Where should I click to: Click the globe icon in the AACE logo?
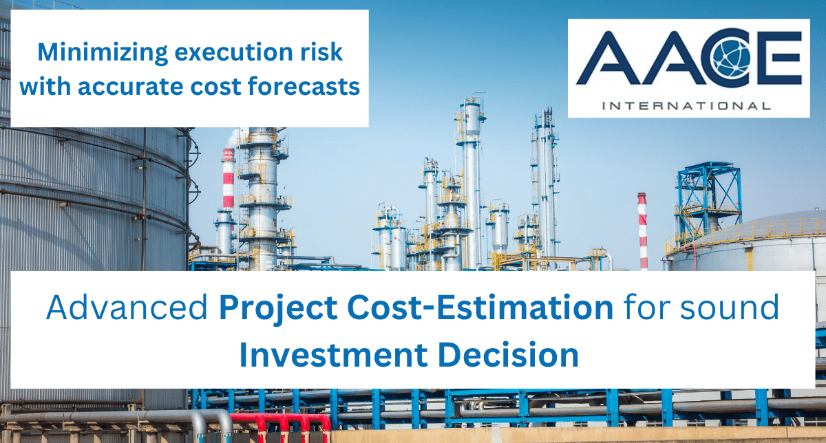coord(732,58)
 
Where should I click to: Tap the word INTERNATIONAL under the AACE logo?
coord(686,106)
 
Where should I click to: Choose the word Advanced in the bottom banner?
coord(127,307)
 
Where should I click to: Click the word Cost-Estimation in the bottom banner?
coord(480,307)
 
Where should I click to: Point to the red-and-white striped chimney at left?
coord(229,180)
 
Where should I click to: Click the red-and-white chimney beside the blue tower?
coord(642,231)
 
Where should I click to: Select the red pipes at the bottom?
coord(281,427)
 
